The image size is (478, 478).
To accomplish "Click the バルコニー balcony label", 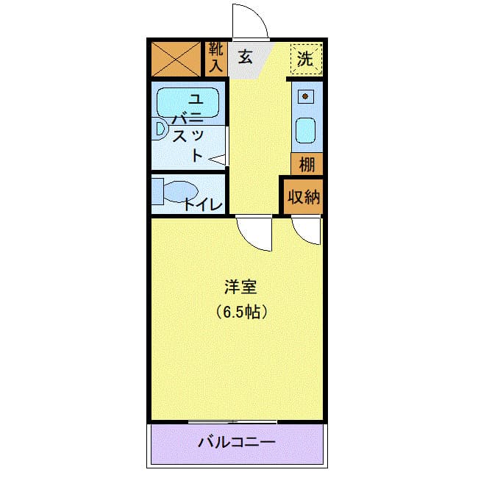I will pyautogui.click(x=236, y=443).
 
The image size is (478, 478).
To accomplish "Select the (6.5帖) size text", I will pyautogui.click(x=240, y=311).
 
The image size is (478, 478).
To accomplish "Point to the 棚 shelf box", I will pyautogui.click(x=306, y=163).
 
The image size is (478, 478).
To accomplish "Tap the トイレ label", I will pyautogui.click(x=203, y=204).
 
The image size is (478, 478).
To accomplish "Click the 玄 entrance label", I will pyautogui.click(x=245, y=57).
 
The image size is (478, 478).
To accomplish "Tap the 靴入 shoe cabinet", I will pyautogui.click(x=215, y=57).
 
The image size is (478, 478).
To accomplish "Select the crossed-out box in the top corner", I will pyautogui.click(x=176, y=59).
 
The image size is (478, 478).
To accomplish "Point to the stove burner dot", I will pyautogui.click(x=304, y=96).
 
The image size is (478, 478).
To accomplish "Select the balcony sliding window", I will pyautogui.click(x=232, y=422).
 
